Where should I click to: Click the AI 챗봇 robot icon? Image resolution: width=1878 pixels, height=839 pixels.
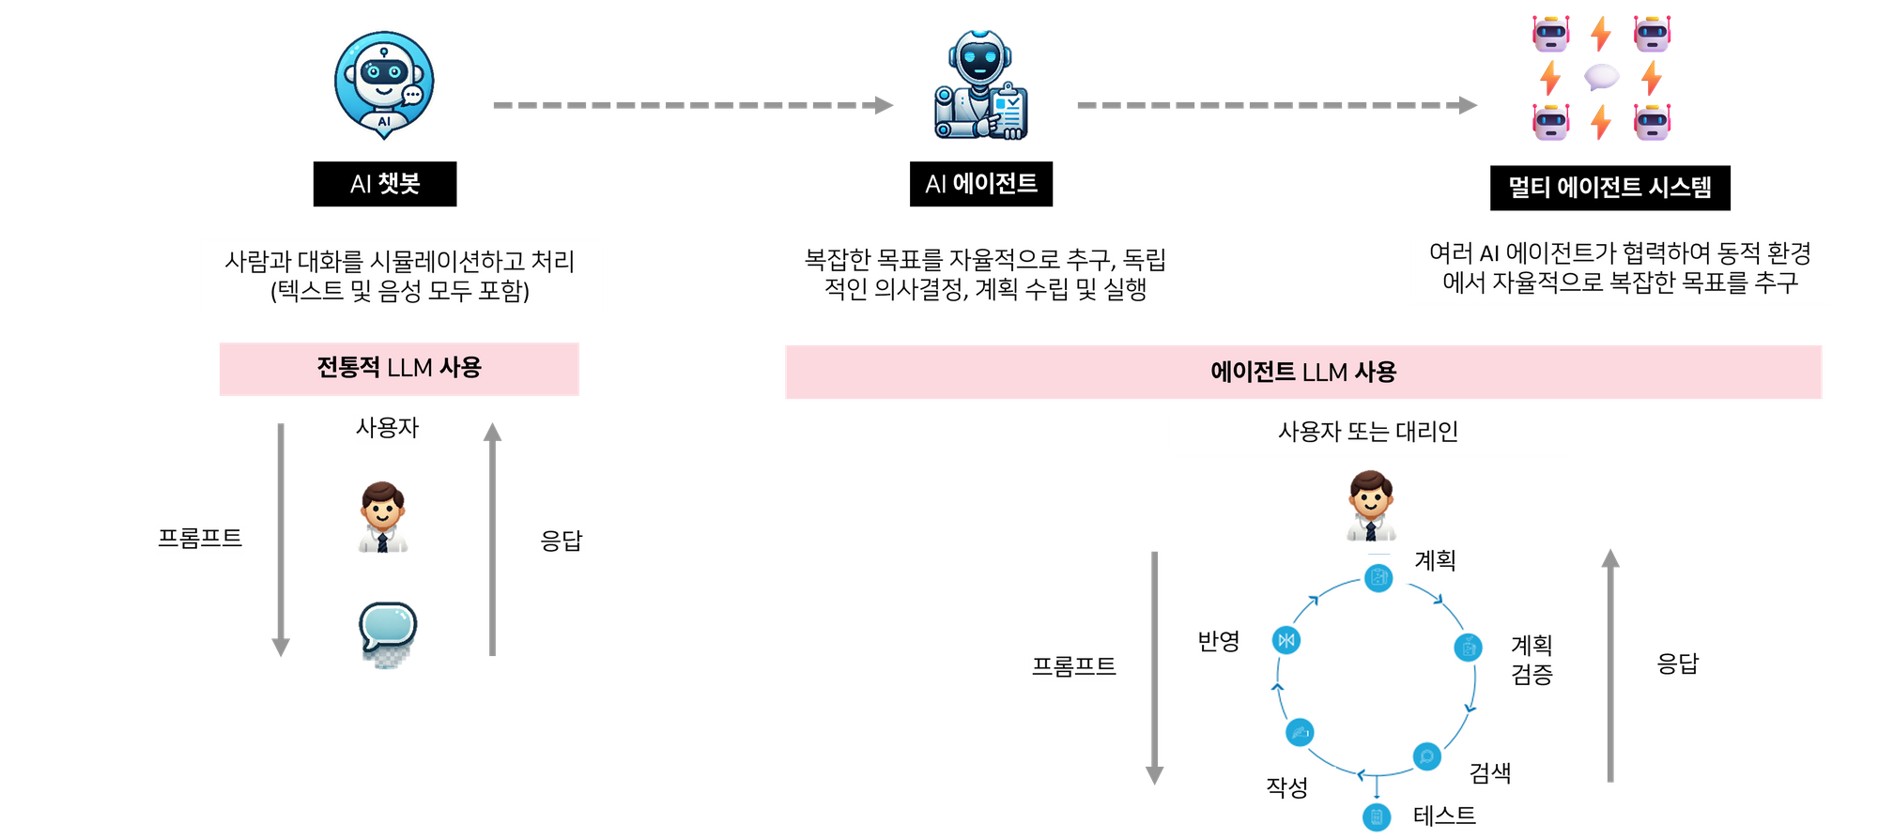(x=384, y=83)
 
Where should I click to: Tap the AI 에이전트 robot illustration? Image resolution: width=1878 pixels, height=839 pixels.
(x=980, y=84)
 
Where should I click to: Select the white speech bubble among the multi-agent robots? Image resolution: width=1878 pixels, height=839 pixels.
(x=1601, y=77)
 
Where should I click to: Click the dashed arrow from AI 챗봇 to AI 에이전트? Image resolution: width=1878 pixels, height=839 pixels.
(x=693, y=105)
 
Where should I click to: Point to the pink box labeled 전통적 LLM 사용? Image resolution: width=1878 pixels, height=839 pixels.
(x=399, y=368)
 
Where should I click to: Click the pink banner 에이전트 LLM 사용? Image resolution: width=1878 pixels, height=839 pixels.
(x=1302, y=372)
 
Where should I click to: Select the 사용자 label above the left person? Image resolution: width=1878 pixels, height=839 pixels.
(x=387, y=428)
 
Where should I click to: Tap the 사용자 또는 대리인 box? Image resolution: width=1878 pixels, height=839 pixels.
(x=1367, y=432)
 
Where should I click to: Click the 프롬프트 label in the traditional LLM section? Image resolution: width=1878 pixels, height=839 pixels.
(x=200, y=538)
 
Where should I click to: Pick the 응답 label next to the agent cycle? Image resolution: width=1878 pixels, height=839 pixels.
(x=1678, y=664)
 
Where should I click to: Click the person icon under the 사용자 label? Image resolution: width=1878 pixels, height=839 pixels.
(x=382, y=517)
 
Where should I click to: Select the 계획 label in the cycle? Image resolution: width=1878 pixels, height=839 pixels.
(x=1435, y=560)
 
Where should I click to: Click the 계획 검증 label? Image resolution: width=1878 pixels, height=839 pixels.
(x=1532, y=659)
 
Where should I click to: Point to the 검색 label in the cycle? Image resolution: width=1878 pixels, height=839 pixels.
(x=1490, y=772)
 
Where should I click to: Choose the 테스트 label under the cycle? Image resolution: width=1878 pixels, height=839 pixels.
(x=1444, y=816)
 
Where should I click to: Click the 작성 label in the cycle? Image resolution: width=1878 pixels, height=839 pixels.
(x=1286, y=786)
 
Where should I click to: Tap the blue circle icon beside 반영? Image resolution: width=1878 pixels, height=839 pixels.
(x=1285, y=640)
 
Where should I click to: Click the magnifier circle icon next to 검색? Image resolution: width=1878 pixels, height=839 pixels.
(x=1426, y=755)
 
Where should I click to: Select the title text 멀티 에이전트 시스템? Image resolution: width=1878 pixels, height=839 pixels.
(x=1609, y=187)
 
